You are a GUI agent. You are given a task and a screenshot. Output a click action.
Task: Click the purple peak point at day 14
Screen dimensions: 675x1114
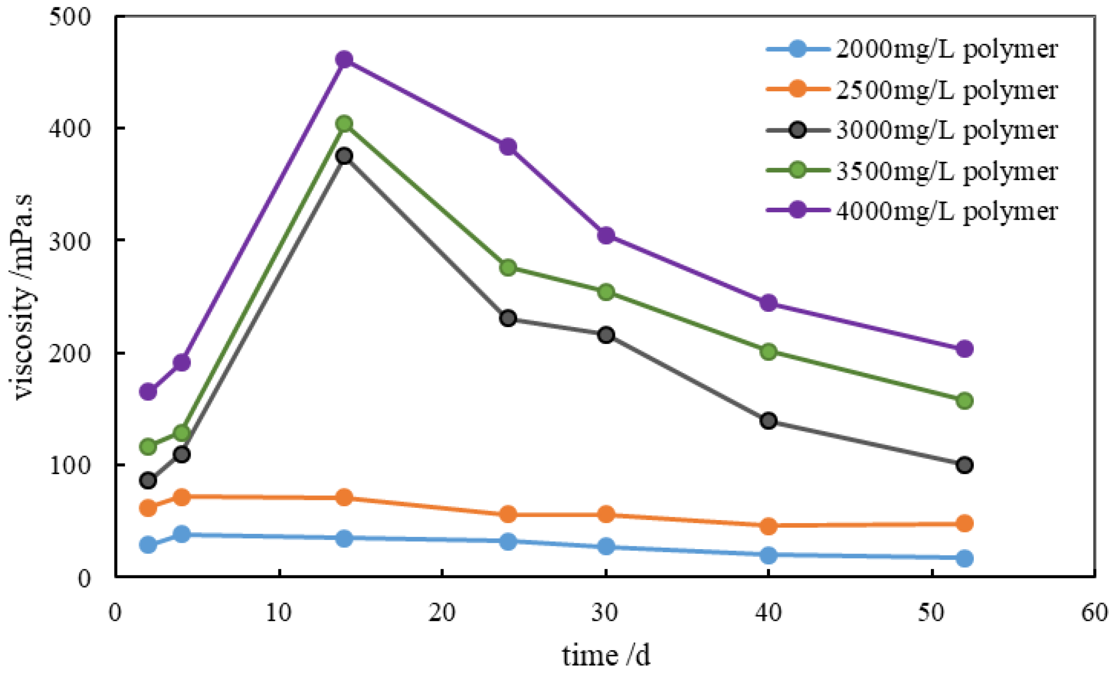coord(344,60)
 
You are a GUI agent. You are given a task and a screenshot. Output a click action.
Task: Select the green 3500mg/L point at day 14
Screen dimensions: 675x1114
coord(344,123)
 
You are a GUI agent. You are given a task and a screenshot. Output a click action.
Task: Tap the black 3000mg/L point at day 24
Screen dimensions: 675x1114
coord(508,318)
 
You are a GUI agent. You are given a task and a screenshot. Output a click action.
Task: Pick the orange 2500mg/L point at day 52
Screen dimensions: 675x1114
coord(964,524)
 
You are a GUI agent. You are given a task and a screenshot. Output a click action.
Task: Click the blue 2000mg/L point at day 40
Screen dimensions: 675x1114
coord(768,555)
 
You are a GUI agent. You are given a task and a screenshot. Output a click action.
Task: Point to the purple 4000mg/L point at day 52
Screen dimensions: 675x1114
coord(964,349)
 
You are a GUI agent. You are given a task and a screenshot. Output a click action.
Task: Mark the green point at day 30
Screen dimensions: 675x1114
coord(606,292)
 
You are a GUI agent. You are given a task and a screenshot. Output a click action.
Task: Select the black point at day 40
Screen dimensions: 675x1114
coord(768,421)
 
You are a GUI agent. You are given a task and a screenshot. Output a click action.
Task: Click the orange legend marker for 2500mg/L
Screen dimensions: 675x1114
coord(797,89)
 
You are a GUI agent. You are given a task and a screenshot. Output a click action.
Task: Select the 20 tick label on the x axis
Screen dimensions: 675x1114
coord(442,613)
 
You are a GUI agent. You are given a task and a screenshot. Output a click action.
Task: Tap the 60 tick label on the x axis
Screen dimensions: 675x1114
coord(1094,613)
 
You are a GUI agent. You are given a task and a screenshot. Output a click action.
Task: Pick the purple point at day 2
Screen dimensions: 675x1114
coord(148,392)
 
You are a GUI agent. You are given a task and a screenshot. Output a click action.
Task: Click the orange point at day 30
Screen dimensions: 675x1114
coord(606,515)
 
